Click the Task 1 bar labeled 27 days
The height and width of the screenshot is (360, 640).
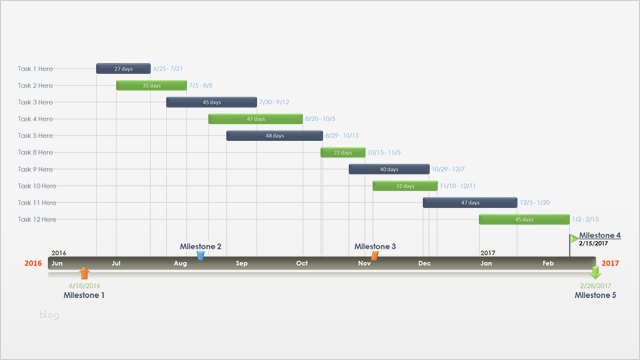123,69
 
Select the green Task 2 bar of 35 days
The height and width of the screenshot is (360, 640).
151,85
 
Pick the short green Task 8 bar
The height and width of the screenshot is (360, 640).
342,152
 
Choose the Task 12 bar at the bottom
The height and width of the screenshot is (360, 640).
523,218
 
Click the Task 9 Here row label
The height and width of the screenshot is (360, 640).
35,169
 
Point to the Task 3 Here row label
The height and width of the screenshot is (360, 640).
35,102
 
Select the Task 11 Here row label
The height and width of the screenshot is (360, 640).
35,202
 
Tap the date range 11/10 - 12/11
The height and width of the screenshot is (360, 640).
457,185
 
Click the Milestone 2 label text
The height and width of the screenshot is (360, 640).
201,246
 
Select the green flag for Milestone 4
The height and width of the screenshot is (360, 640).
574,239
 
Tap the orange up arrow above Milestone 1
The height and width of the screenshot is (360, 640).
84,272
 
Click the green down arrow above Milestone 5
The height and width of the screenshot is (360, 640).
596,272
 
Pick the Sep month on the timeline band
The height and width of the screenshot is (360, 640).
242,263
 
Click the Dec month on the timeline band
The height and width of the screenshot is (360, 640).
424,263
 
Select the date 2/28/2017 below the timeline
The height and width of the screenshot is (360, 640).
596,286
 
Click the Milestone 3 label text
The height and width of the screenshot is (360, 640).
375,246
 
